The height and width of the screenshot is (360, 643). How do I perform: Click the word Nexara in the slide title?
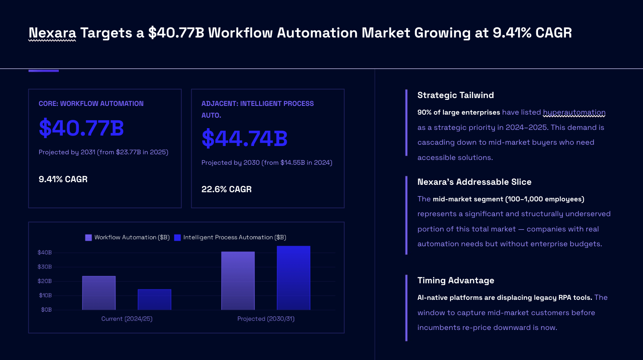click(52, 33)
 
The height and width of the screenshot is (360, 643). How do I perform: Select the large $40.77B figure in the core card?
click(81, 128)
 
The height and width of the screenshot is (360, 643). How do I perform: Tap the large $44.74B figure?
click(244, 139)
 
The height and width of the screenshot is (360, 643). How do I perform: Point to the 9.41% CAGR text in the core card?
click(63, 179)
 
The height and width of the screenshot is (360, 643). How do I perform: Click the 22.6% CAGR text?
click(227, 189)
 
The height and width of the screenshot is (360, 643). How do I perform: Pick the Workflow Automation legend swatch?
click(88, 238)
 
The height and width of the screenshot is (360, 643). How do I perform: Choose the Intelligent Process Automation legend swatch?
click(177, 238)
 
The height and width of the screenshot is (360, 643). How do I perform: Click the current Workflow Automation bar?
click(99, 293)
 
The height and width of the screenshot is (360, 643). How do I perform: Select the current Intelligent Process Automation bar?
click(154, 299)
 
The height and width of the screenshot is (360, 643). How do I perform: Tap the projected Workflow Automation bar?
click(238, 281)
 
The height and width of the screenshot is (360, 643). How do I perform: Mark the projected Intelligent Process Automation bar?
click(294, 278)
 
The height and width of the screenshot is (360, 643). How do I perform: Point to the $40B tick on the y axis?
click(44, 252)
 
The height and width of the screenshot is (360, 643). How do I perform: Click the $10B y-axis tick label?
click(45, 295)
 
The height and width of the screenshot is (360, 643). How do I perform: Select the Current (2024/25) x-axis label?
click(127, 319)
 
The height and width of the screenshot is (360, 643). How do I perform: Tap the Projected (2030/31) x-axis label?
click(266, 319)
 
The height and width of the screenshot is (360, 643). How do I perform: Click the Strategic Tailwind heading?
click(456, 95)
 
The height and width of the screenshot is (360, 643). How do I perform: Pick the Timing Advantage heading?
click(456, 280)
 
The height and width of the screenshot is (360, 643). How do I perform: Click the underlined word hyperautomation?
click(574, 112)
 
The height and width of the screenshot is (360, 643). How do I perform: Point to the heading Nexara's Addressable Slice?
click(474, 182)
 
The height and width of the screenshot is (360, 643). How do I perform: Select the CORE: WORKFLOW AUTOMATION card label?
click(91, 104)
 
